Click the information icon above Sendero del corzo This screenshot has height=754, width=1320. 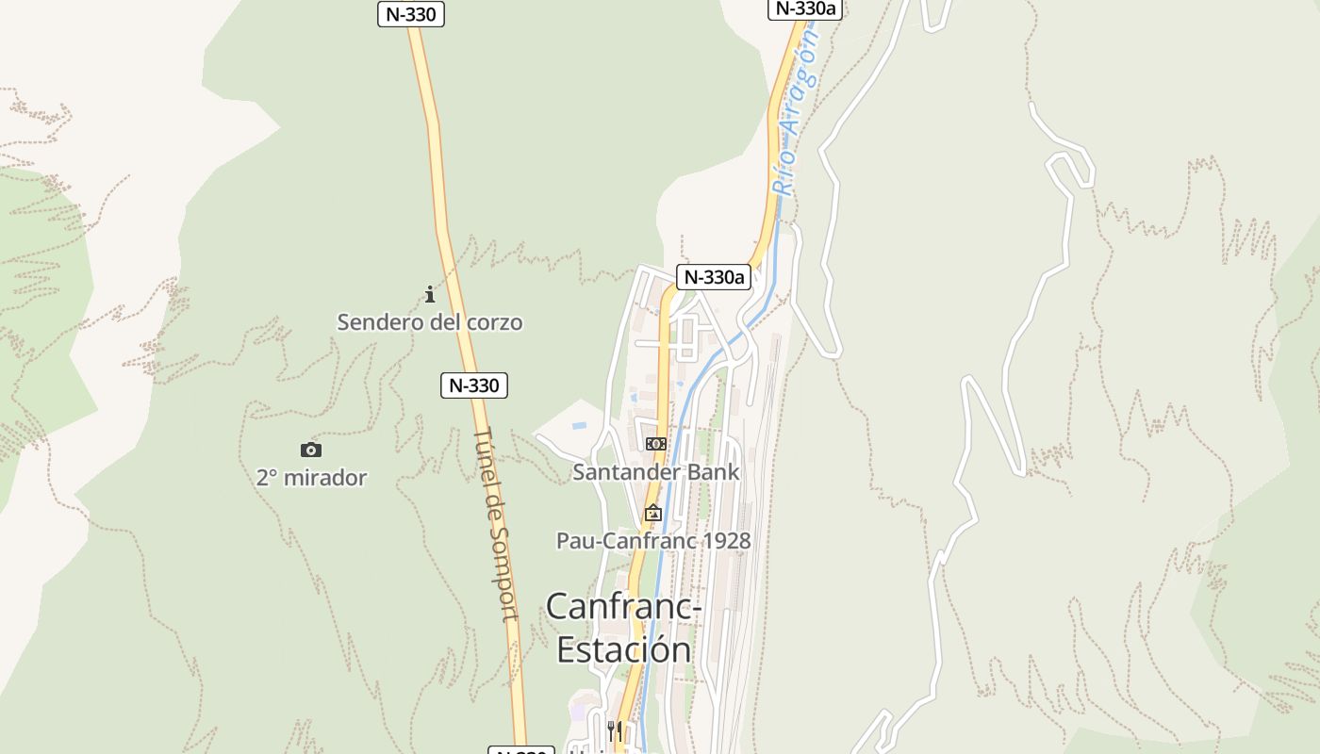430,295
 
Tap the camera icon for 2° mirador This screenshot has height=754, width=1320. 310,451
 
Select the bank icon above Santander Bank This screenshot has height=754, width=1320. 655,444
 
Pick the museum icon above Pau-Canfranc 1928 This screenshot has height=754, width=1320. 652,514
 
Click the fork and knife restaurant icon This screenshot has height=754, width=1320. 614,729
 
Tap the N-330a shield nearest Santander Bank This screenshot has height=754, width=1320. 714,277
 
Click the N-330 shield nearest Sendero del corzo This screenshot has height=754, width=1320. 473,385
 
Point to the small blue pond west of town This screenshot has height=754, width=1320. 579,426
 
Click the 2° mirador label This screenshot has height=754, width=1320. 311,478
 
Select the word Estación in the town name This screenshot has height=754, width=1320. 623,650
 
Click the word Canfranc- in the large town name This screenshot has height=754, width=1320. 623,606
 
